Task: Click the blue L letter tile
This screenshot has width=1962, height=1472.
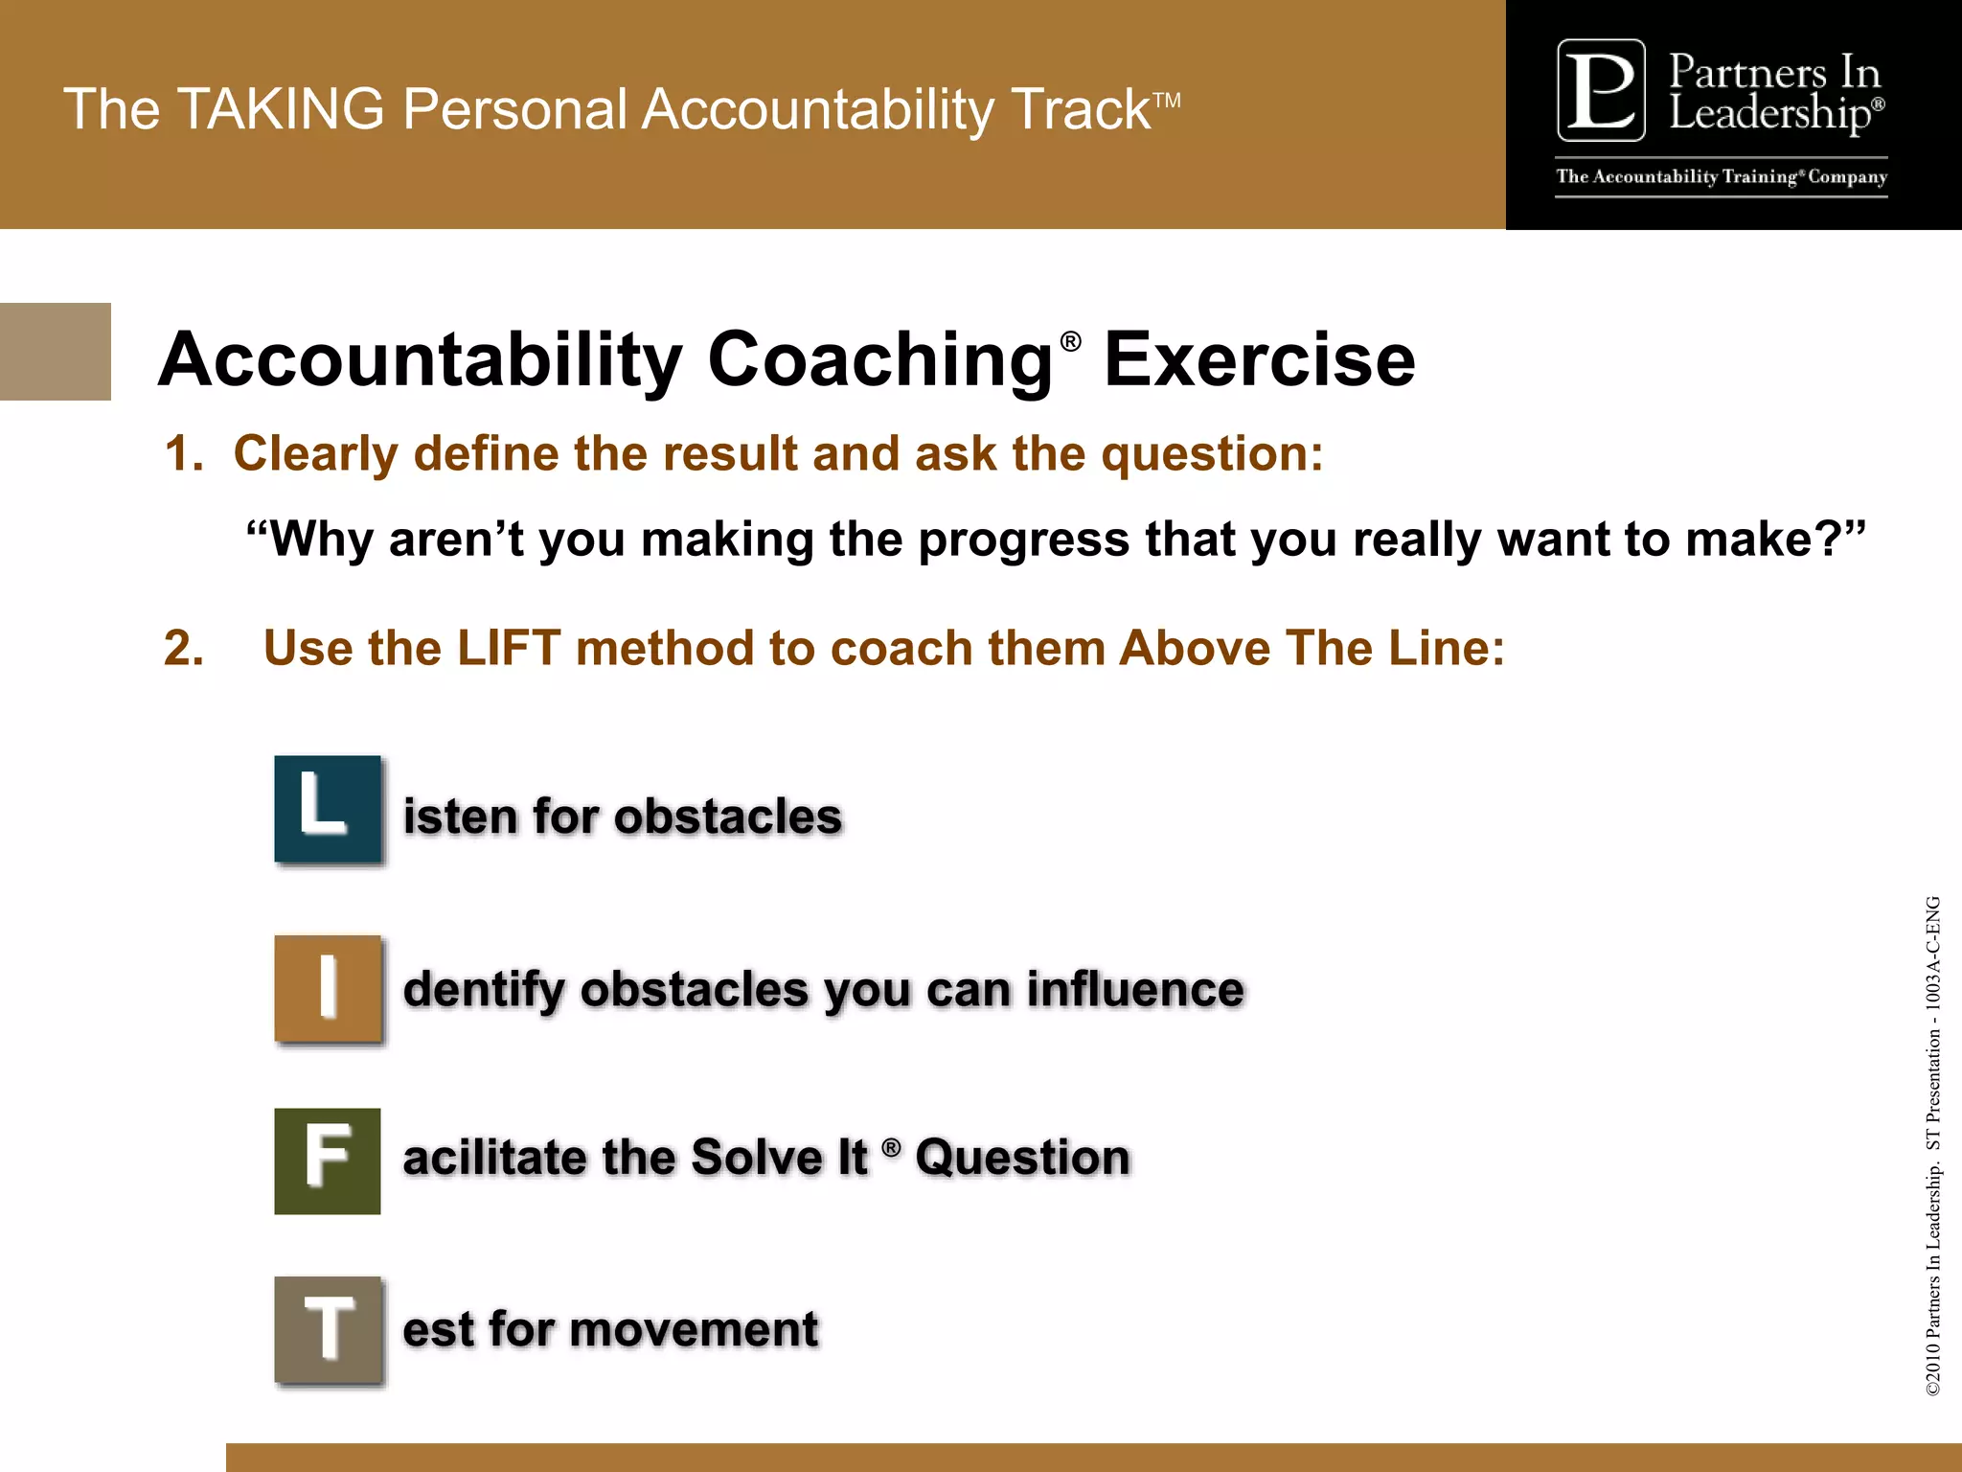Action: tap(328, 810)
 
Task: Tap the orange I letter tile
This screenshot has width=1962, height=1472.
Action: tap(328, 988)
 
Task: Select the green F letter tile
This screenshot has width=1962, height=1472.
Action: tap(328, 1161)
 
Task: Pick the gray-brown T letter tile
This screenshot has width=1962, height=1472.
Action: tap(328, 1330)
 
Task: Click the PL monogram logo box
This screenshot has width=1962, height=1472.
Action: tap(1601, 90)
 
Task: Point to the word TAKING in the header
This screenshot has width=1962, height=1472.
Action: tap(281, 109)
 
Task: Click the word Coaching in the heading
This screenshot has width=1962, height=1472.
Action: tap(879, 360)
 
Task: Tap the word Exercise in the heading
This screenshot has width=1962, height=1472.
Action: tap(1259, 360)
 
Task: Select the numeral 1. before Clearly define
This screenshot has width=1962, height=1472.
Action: tap(184, 453)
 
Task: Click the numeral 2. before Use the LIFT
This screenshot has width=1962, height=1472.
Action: tap(184, 649)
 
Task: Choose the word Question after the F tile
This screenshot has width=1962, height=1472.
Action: tap(1022, 1158)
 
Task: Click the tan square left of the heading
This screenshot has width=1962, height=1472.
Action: tap(55, 352)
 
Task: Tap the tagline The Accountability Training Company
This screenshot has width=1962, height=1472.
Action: tap(1721, 177)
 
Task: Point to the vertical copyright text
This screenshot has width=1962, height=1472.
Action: tap(1932, 1145)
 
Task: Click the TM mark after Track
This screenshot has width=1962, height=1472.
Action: tap(1167, 100)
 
